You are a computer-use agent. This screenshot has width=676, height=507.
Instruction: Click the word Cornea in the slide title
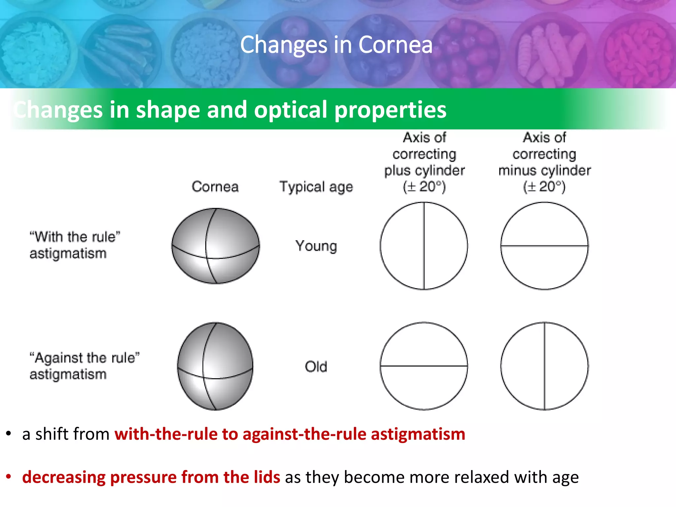pos(395,45)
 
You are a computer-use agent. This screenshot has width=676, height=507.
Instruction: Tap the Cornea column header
pos(215,187)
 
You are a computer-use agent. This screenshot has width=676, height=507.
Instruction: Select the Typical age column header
pos(316,187)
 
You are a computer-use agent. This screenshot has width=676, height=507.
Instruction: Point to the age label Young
pos(316,246)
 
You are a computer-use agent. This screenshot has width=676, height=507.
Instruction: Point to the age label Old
pos(316,367)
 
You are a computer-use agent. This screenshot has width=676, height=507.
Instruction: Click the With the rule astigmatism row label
pos(74,245)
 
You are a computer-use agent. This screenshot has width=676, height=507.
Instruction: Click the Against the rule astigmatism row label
pos(84,366)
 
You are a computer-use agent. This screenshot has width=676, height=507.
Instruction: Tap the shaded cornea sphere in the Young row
pos(216,246)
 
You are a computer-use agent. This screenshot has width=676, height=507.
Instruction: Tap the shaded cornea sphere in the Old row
pos(215,366)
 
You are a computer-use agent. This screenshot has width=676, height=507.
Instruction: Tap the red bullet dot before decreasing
pos(9,477)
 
